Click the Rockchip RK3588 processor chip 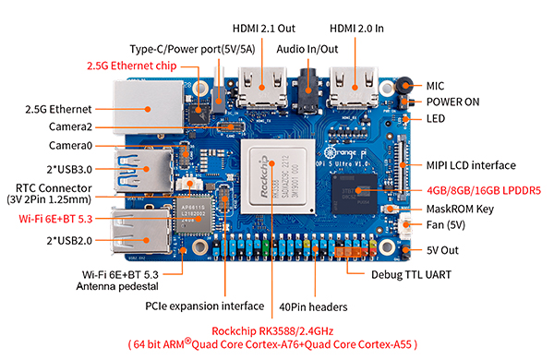(278, 176)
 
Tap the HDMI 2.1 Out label (263, 29)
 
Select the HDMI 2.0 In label (356, 29)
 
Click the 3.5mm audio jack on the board (308, 90)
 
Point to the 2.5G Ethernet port (149, 107)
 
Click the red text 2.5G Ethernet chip (132, 66)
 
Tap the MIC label (435, 86)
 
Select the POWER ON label (452, 102)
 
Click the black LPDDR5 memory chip (355, 194)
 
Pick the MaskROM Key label (460, 210)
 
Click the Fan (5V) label (446, 225)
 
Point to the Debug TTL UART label (411, 275)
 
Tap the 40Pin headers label (313, 307)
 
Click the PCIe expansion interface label (205, 306)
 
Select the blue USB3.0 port (144, 170)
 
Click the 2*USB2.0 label (69, 241)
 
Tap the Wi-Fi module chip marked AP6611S (193, 214)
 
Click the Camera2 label (70, 126)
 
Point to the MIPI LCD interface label (471, 165)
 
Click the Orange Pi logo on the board (345, 152)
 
